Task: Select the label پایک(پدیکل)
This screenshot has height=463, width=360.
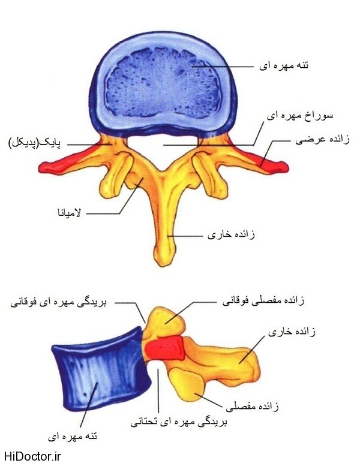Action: tap(38, 143)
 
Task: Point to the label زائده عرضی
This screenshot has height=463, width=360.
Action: tap(320, 140)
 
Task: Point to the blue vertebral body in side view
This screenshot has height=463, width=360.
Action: tap(96, 371)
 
